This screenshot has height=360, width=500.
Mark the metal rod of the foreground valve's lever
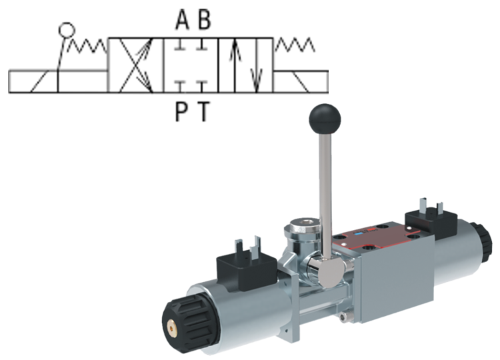pyautogui.click(x=321, y=193)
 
